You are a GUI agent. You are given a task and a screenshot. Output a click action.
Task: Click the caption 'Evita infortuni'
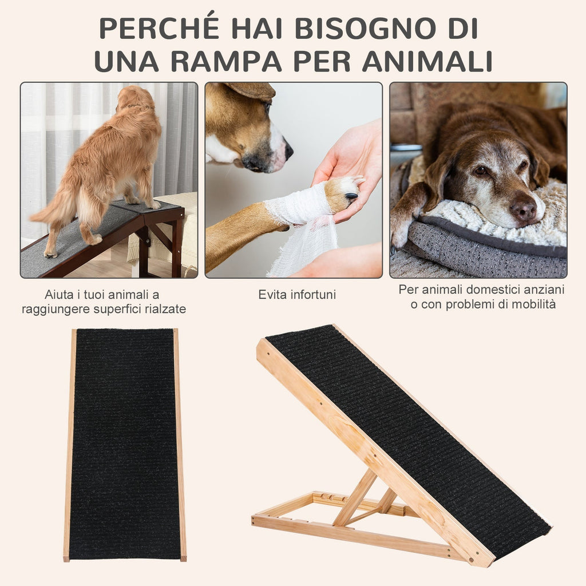(x=297, y=295)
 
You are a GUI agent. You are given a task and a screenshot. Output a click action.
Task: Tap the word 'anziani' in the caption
(x=543, y=290)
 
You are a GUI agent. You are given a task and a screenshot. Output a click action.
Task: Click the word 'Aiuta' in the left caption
(x=58, y=295)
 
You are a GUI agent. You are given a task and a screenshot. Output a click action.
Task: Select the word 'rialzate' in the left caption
(x=166, y=309)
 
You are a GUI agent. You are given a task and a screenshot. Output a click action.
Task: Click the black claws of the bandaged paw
(x=351, y=196)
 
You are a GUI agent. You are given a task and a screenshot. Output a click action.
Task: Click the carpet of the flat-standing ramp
(x=124, y=444)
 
